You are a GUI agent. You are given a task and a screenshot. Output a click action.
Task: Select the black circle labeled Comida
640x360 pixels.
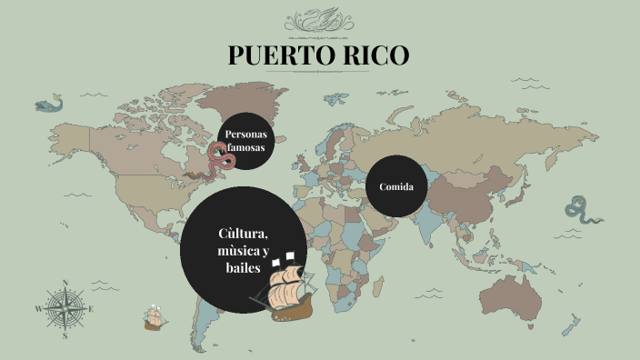pyautogui.click(x=396, y=186)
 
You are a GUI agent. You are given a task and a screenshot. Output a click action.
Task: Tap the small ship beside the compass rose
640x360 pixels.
pyautogui.click(x=154, y=317)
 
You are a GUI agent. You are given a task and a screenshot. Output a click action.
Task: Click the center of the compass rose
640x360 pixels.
pyautogui.click(x=65, y=308)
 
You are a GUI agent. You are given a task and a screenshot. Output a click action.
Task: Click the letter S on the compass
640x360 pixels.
pyautogui.click(x=65, y=335)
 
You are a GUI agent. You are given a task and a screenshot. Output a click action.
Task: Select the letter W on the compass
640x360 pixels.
pyautogui.click(x=38, y=309)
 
